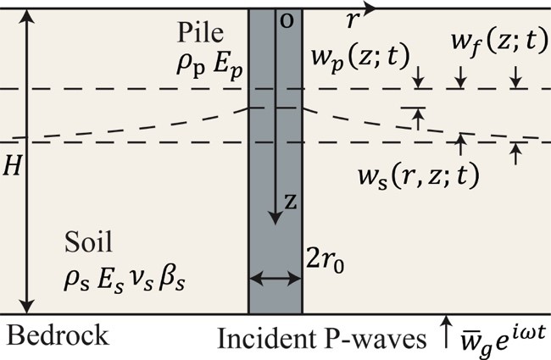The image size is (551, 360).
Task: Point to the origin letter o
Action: click(286, 20)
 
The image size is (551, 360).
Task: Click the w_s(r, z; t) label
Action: click(417, 175)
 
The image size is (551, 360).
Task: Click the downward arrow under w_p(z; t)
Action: click(419, 80)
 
